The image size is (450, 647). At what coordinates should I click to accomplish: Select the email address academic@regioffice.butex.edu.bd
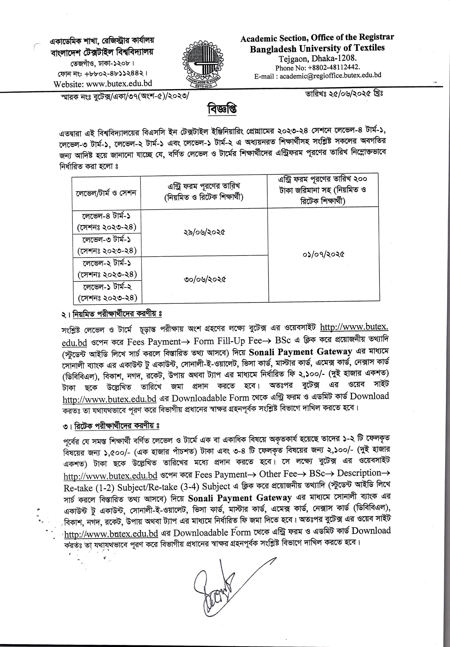pos(330,76)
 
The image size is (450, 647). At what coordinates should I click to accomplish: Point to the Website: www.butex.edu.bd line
pos(103,84)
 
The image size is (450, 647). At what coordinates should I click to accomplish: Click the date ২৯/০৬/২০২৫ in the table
pos(204,232)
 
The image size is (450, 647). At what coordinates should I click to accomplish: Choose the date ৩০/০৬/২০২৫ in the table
pos(205,280)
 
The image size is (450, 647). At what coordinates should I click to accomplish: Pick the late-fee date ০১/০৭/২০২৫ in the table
pos(323,255)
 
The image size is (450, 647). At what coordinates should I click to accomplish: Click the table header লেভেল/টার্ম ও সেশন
pos(106,193)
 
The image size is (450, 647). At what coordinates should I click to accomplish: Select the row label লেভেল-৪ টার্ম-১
pos(106,216)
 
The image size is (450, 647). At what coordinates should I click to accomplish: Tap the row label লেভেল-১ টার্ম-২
pos(107,287)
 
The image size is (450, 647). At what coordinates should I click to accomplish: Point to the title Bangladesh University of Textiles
pos(317,49)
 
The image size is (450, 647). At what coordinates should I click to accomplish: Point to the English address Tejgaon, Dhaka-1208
pos(318,59)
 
